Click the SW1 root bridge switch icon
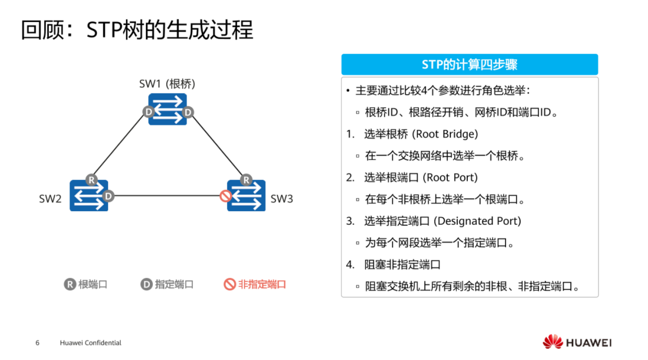click(x=168, y=109)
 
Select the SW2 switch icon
click(x=89, y=196)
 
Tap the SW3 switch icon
click(x=247, y=196)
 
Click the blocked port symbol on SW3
click(x=226, y=196)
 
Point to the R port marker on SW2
click(x=91, y=179)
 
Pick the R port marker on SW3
click(x=246, y=179)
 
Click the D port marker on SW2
click(x=107, y=196)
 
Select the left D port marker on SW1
click(x=148, y=112)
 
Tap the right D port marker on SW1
click(x=188, y=112)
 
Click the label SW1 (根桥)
click(x=167, y=84)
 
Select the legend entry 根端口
click(x=87, y=285)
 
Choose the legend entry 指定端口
click(x=168, y=285)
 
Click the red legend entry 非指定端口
click(x=255, y=285)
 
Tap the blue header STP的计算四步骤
click(x=469, y=65)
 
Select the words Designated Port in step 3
click(x=477, y=221)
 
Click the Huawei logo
click(x=577, y=342)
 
